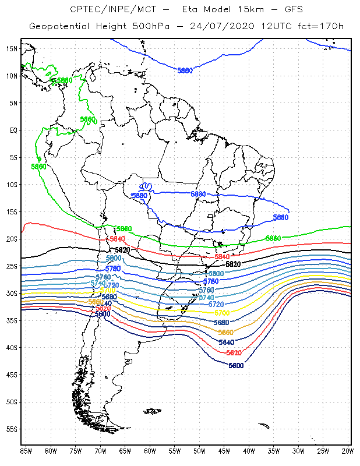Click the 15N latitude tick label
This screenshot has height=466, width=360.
click(x=12, y=48)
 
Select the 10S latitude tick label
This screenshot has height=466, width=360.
click(x=12, y=184)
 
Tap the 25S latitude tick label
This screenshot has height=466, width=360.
click(x=12, y=266)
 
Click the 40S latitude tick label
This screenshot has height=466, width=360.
click(x=12, y=347)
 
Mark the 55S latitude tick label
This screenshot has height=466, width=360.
click(x=12, y=429)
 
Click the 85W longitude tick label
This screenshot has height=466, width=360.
click(x=26, y=451)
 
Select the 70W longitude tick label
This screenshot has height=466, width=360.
click(x=100, y=451)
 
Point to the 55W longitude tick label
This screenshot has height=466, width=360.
click(x=175, y=451)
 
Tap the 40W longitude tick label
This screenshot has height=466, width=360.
click(x=249, y=451)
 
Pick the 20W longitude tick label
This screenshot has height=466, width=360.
click(x=348, y=451)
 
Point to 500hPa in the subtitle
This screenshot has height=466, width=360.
click(x=157, y=27)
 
